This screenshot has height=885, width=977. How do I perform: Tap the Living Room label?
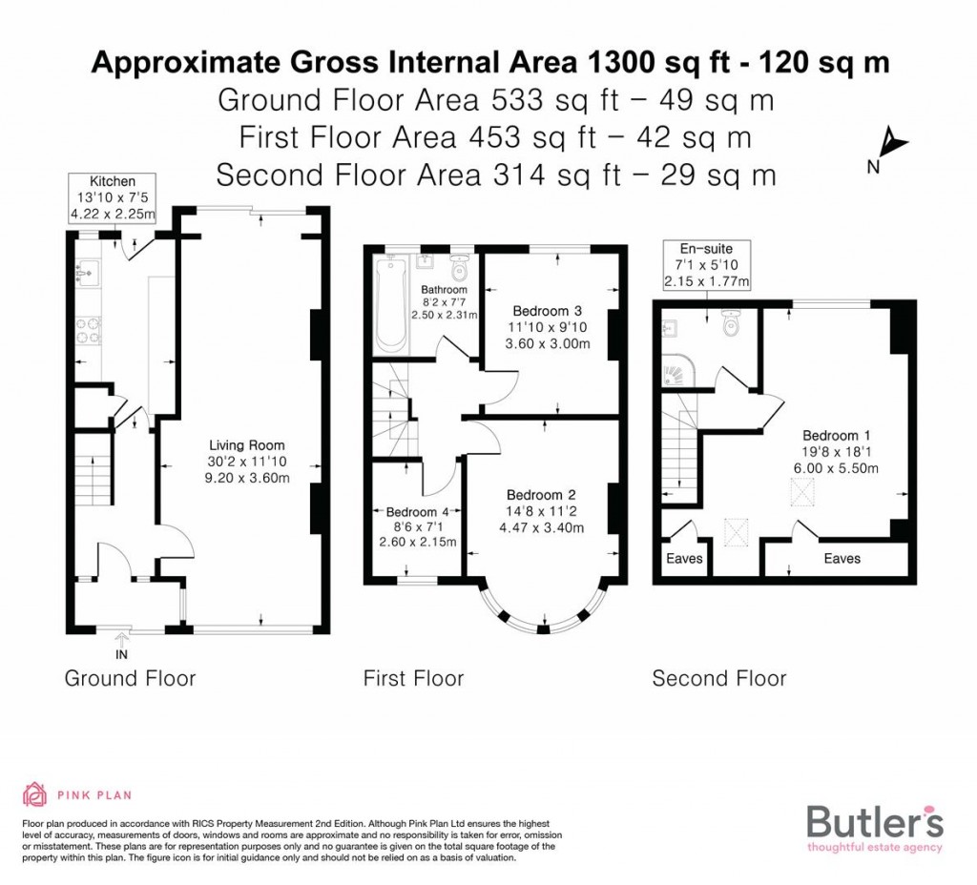point(247,445)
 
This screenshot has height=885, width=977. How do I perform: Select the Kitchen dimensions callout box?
point(113,197)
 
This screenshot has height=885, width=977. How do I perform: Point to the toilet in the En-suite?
point(732,325)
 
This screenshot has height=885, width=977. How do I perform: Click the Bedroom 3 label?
point(547,311)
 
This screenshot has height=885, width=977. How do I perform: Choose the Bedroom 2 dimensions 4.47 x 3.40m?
point(540,527)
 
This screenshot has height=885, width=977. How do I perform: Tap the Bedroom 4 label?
point(409,511)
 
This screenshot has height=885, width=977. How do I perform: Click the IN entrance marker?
point(121,654)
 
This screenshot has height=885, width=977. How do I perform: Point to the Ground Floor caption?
point(130,679)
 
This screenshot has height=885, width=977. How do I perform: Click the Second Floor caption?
point(718,679)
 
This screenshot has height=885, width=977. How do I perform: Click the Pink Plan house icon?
point(34,794)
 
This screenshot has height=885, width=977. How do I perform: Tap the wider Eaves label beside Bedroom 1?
point(842,559)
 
